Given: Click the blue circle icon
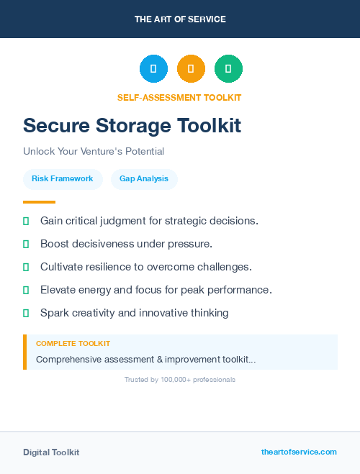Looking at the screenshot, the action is (x=153, y=68).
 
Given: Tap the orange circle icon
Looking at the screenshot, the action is (x=191, y=68).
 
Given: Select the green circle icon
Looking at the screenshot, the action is (x=228, y=68).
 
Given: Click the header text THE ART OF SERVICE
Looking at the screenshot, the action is (x=180, y=19).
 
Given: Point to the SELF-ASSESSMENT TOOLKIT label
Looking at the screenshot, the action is (x=179, y=98).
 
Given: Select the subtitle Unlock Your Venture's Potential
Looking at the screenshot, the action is (x=94, y=152).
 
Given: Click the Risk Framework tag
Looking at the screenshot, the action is (x=63, y=178).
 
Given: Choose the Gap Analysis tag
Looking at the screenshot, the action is (x=144, y=178).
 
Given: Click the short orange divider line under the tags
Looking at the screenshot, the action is (x=39, y=202).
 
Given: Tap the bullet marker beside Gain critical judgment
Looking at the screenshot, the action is (x=26, y=221).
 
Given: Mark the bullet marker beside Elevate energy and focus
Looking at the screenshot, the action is (x=26, y=290).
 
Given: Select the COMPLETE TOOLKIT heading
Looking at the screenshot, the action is (x=73, y=344).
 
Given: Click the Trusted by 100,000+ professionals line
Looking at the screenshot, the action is (x=180, y=379).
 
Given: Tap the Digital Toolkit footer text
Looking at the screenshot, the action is (x=51, y=452).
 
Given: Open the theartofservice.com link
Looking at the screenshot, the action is (x=299, y=452).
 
